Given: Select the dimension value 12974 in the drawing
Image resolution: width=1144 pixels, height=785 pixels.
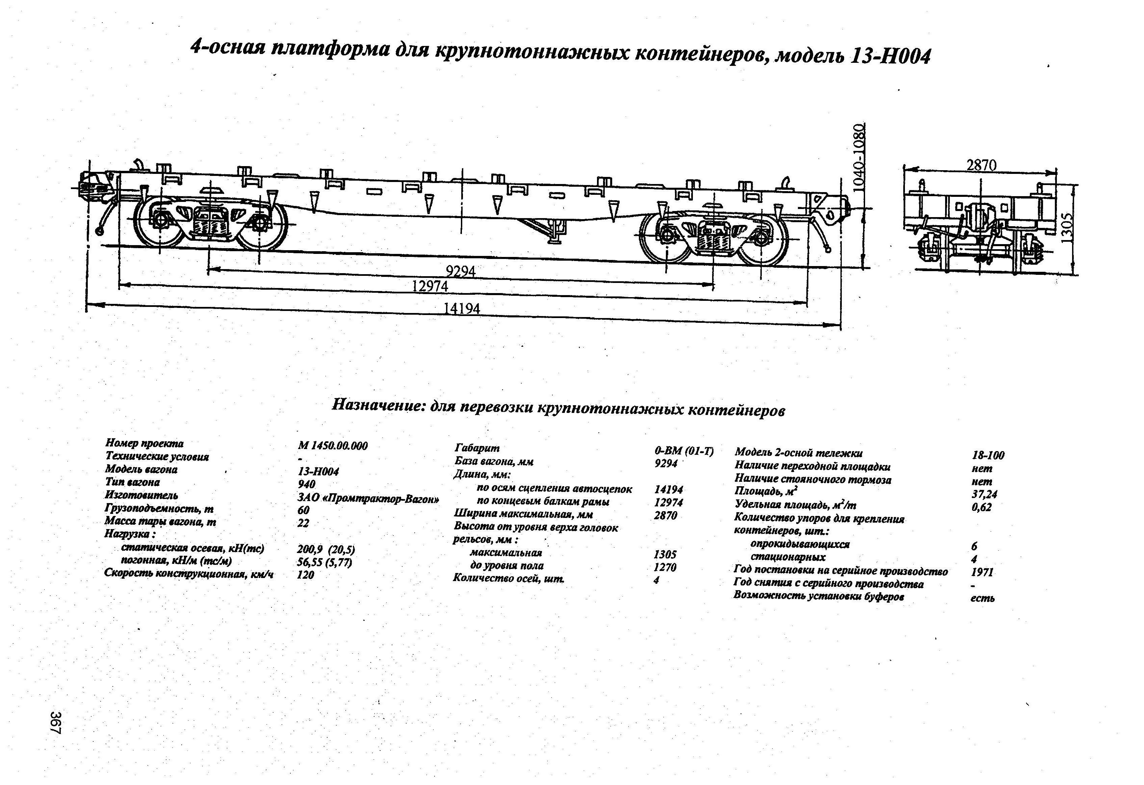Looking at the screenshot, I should pos(430,286).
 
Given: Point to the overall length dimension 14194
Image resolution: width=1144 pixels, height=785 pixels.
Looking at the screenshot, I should pos(461,309).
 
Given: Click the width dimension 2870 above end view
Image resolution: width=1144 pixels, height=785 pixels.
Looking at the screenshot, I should pos(981,165).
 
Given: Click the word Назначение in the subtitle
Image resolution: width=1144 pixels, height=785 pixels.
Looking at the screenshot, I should pos(378,405).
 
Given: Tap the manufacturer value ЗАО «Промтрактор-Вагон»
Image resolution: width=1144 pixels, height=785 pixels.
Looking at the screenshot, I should pos(368,499).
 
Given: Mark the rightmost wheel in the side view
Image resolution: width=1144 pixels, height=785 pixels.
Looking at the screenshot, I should pos(762,238).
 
